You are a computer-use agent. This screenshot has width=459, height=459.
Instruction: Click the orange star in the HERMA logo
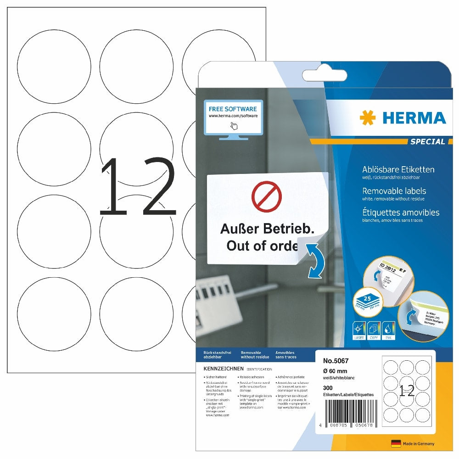(x=367, y=118)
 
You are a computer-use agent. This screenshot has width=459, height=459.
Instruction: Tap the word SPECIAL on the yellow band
(x=428, y=142)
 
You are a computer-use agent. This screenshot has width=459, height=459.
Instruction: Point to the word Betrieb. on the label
(x=288, y=228)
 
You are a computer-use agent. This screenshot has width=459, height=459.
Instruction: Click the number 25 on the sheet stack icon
(x=366, y=298)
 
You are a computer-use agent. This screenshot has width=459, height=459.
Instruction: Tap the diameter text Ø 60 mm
(x=336, y=370)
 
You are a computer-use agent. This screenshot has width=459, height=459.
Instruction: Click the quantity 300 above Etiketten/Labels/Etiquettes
(x=328, y=388)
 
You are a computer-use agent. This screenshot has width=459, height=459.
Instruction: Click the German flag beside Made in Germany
(x=396, y=443)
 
